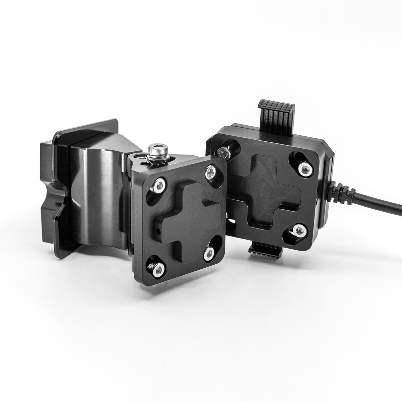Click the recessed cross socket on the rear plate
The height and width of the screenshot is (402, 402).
[x=268, y=194]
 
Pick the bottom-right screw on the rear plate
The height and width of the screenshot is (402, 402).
[x=298, y=230]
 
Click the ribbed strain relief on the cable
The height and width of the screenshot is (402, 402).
[x=342, y=194]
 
